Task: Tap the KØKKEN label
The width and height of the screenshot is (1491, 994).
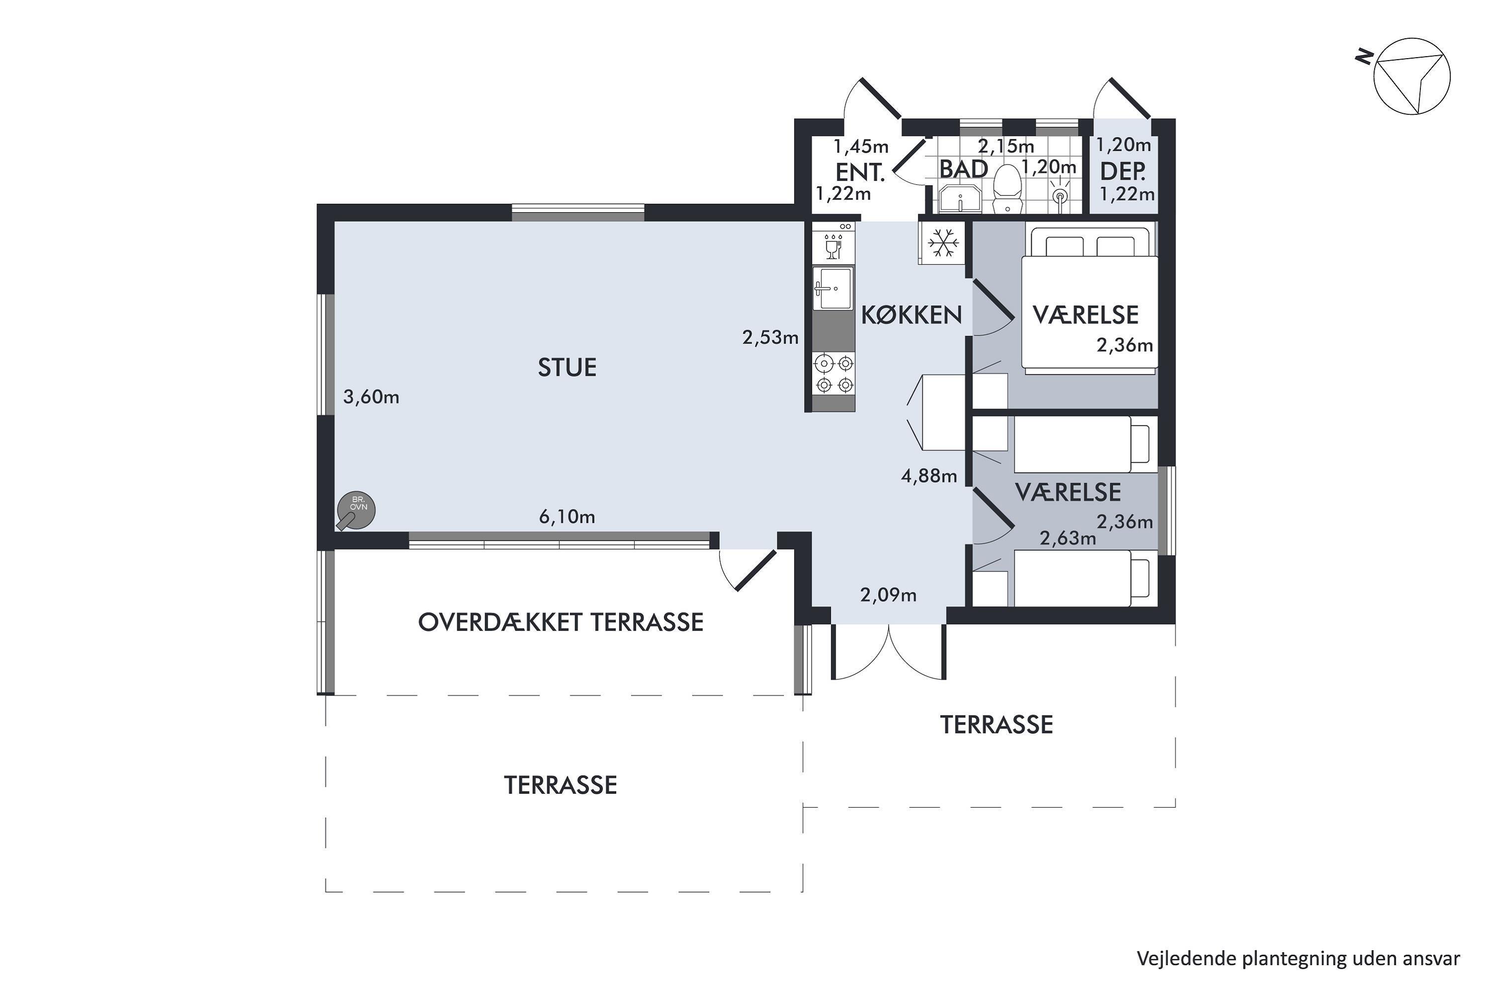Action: (911, 315)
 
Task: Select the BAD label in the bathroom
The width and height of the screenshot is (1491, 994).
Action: (963, 169)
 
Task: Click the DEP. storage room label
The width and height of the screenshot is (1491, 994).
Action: (1123, 172)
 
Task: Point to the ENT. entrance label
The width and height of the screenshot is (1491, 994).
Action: (860, 172)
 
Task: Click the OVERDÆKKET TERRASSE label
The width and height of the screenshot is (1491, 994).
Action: (561, 623)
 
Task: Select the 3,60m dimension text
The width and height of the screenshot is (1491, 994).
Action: (371, 398)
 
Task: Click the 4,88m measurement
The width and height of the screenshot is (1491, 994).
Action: (929, 476)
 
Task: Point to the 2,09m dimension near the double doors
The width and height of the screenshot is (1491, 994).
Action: (888, 595)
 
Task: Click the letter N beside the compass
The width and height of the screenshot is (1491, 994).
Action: (1364, 57)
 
